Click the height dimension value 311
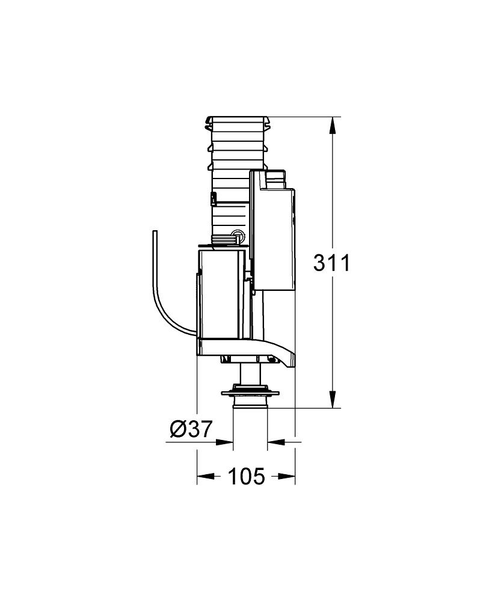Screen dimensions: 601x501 (x=331, y=263)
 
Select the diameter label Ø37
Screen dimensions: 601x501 (x=191, y=429)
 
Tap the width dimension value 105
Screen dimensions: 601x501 (x=246, y=477)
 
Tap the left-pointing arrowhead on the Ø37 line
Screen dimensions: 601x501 (x=275, y=442)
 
